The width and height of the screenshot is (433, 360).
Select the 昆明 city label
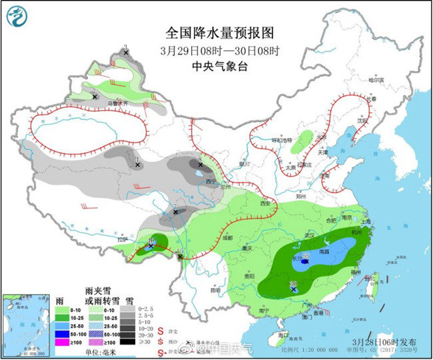click(215, 290)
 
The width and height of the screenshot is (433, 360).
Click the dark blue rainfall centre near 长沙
click(304, 263)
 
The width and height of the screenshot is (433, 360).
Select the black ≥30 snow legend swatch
click(125, 341)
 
